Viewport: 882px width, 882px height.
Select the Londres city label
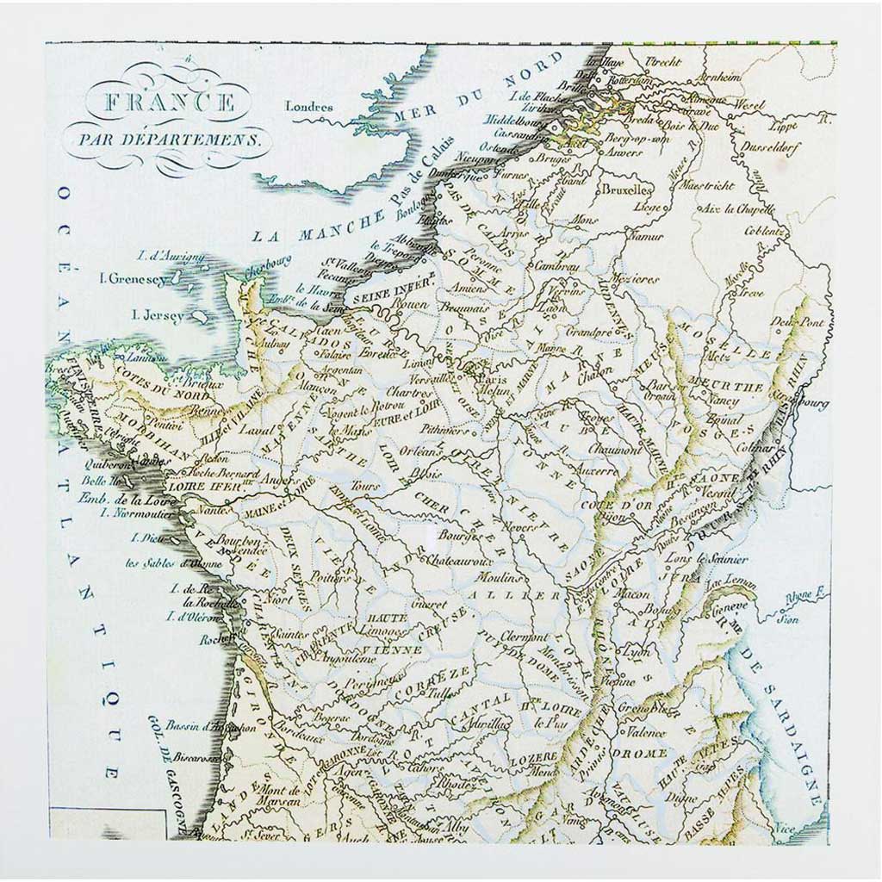[x=308, y=108]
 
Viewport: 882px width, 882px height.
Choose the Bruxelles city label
[x=627, y=189]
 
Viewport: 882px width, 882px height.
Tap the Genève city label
[x=721, y=606]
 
